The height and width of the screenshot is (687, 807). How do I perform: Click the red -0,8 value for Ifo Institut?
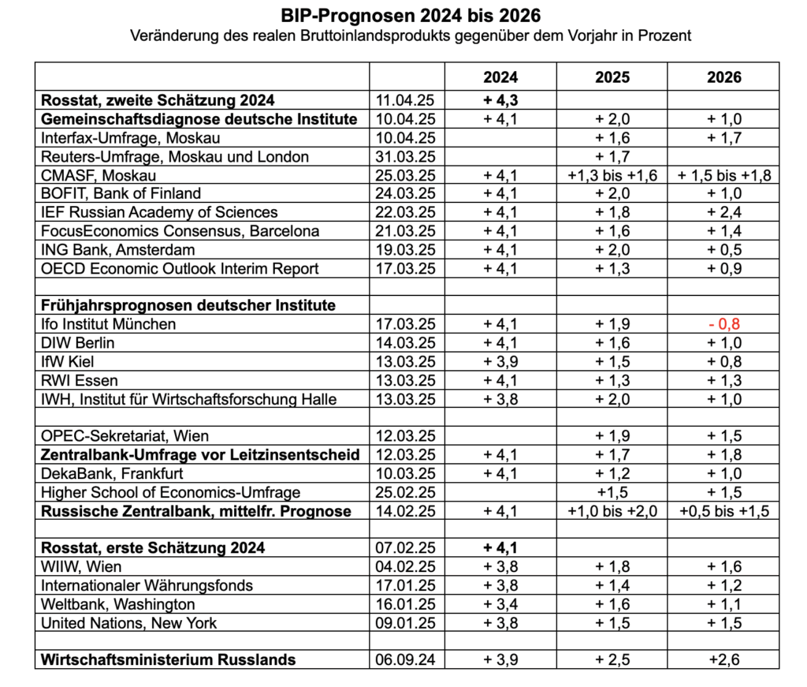pyautogui.click(x=723, y=324)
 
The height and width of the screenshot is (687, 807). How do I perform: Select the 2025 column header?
pyautogui.click(x=612, y=77)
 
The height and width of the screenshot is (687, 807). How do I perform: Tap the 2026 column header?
pyautogui.click(x=723, y=77)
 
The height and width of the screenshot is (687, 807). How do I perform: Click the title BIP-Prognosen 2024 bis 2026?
pyautogui.click(x=411, y=16)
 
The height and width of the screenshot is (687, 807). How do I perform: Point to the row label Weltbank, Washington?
pyautogui.click(x=117, y=604)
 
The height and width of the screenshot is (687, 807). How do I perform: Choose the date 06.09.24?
pyautogui.click(x=406, y=659)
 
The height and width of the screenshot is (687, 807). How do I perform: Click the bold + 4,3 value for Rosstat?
pyautogui.click(x=500, y=100)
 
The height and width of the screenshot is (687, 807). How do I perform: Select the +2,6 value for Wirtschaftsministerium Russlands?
pyautogui.click(x=723, y=659)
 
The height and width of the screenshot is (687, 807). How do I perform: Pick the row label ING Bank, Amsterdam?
pyautogui.click(x=119, y=249)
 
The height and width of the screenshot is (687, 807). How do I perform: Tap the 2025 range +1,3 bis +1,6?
pyautogui.click(x=612, y=175)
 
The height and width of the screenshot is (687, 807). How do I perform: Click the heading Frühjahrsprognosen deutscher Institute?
pyautogui.click(x=188, y=305)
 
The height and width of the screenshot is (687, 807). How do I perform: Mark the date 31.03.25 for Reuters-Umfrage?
pyautogui.click(x=406, y=156)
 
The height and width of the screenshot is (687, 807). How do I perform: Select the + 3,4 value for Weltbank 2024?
pyautogui.click(x=500, y=604)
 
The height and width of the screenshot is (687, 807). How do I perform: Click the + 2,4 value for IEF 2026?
pyautogui.click(x=723, y=212)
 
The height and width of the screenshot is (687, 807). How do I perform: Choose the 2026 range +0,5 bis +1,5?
pyautogui.click(x=723, y=511)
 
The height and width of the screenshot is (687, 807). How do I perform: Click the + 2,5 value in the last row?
pyautogui.click(x=612, y=659)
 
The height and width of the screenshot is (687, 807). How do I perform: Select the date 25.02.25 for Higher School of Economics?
pyautogui.click(x=406, y=492)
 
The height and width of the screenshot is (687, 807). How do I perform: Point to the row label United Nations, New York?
pyautogui.click(x=128, y=622)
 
